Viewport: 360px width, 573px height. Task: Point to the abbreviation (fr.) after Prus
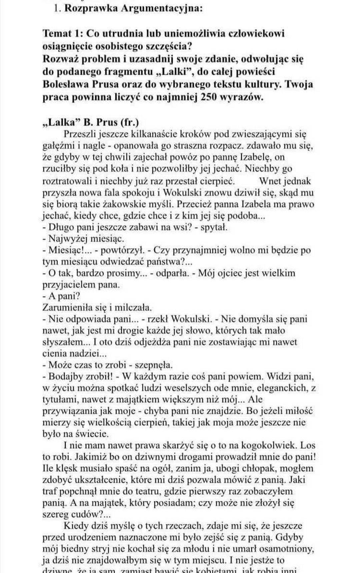point(129,122)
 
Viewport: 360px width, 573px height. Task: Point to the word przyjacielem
point(69,285)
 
